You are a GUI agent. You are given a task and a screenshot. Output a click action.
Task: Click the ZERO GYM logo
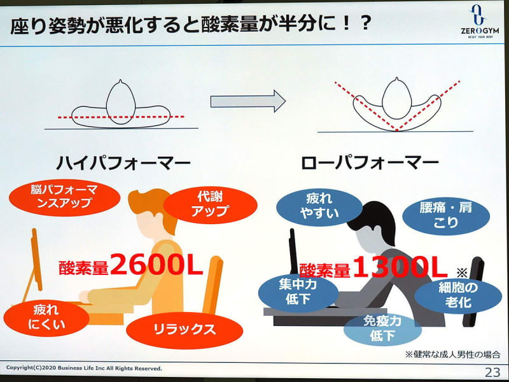click(480, 22)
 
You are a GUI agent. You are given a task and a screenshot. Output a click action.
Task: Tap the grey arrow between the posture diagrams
click(248, 101)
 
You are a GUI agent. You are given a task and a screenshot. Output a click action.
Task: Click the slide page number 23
click(492, 372)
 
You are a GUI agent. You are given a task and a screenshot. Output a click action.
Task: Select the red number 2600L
click(157, 264)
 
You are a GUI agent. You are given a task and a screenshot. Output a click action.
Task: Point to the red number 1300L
click(400, 267)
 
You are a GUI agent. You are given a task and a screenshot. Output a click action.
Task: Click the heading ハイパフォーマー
click(123, 163)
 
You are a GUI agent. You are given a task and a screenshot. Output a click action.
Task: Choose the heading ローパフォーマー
click(370, 163)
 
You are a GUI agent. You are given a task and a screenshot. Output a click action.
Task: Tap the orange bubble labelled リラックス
click(185, 330)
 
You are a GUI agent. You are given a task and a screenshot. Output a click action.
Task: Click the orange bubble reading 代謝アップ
click(211, 204)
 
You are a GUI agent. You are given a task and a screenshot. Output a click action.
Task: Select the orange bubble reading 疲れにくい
click(46, 318)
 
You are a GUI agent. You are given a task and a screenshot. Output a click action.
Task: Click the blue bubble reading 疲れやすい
click(319, 207)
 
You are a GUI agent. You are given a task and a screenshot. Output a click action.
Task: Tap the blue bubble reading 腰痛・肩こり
click(446, 216)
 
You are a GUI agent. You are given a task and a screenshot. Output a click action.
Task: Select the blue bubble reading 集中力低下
click(298, 292)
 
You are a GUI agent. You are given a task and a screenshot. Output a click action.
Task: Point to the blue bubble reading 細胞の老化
click(458, 295)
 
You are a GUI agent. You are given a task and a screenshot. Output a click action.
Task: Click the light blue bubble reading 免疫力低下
click(382, 329)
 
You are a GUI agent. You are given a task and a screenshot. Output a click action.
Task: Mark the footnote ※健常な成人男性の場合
click(452, 355)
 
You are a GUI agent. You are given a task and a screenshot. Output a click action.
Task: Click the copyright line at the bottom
click(84, 368)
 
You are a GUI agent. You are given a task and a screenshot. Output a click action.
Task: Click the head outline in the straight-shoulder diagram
click(121, 102)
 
